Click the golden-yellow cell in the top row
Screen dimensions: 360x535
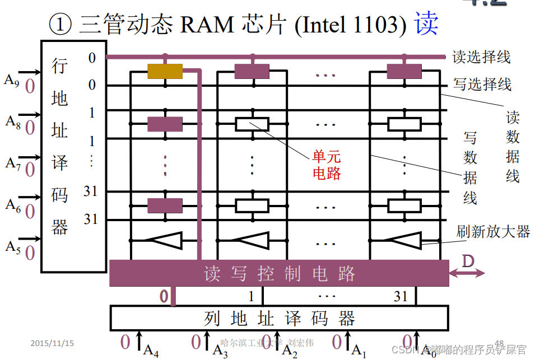click(x=165, y=71)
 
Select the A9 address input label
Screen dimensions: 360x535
click(x=12, y=80)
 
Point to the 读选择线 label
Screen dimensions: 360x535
click(x=481, y=57)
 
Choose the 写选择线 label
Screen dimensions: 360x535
click(x=482, y=85)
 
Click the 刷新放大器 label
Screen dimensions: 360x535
click(x=493, y=231)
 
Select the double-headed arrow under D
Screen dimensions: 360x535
click(x=467, y=274)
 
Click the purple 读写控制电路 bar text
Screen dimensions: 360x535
click(x=279, y=274)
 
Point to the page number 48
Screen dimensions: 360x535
click(x=499, y=343)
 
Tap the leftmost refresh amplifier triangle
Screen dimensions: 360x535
click(x=164, y=240)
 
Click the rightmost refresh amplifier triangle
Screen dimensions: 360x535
click(x=404, y=240)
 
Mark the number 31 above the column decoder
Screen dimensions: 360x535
click(x=400, y=296)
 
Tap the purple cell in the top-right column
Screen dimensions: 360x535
click(x=404, y=71)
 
